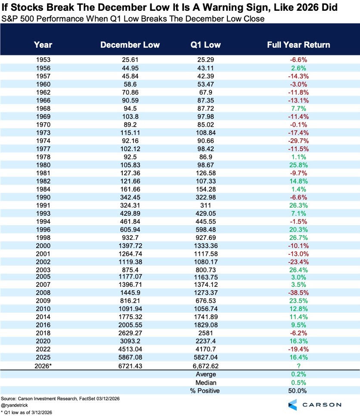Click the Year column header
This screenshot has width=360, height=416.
(x=43, y=45)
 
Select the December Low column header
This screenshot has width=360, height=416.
(x=130, y=45)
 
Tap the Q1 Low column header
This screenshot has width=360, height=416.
(x=205, y=45)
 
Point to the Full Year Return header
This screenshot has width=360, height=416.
(x=298, y=45)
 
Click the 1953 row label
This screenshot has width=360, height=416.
(x=43, y=60)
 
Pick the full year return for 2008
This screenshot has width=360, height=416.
(x=298, y=293)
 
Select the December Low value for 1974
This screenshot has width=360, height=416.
(x=130, y=141)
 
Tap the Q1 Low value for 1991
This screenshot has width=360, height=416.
(x=205, y=205)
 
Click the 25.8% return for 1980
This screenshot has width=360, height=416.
(x=298, y=165)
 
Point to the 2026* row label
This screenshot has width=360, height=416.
(x=43, y=366)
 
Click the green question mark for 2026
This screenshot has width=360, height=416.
(x=299, y=366)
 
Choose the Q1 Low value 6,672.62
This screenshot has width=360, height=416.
(x=205, y=366)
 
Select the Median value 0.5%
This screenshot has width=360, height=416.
(x=298, y=382)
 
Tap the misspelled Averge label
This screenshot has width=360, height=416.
(x=206, y=374)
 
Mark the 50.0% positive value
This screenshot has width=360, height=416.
(x=298, y=391)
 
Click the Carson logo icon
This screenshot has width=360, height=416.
(x=293, y=405)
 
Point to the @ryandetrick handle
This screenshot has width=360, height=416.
(x=14, y=405)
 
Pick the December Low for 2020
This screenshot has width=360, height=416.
(x=130, y=341)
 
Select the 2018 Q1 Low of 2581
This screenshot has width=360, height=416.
(x=205, y=333)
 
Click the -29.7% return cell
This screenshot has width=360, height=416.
(x=298, y=141)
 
